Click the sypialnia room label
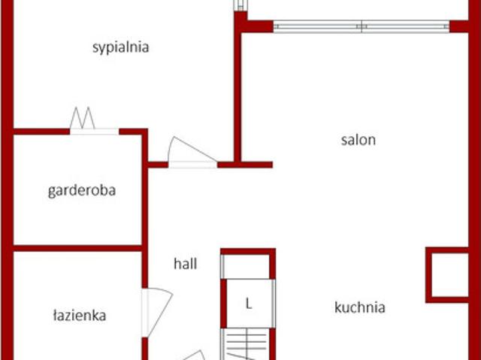click(120, 48)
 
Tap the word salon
click(358, 140)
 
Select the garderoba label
click(82, 191)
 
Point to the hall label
click(186, 264)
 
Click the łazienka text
click(80, 316)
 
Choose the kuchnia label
click(360, 307)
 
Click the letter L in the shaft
click(249, 304)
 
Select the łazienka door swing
click(157, 312)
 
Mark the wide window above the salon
click(362, 26)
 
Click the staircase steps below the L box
click(246, 344)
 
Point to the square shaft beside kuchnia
click(447, 275)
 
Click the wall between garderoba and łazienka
click(77, 248)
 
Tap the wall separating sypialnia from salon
click(237, 89)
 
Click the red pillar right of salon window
click(459, 26)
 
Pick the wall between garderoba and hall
click(145, 208)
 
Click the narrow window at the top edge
click(240, 5)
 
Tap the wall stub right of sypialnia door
click(245, 165)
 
